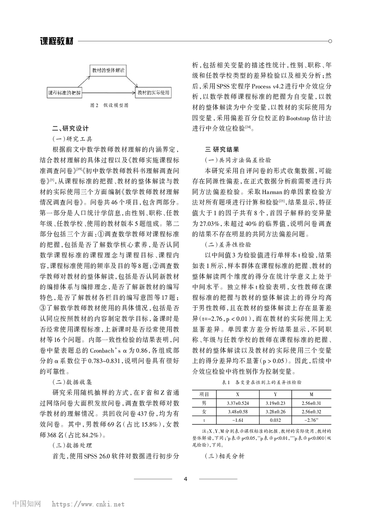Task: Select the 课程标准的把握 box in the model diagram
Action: click(65, 93)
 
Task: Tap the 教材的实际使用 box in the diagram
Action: click(153, 93)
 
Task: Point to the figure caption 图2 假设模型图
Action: click(109, 105)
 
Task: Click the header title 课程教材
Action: click(57, 41)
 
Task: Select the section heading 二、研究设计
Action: click(71, 128)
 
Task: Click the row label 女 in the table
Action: click(204, 412)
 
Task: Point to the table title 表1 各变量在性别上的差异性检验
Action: click(262, 382)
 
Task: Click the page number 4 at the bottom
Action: click(185, 479)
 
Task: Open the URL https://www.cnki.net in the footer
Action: click(88, 504)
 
